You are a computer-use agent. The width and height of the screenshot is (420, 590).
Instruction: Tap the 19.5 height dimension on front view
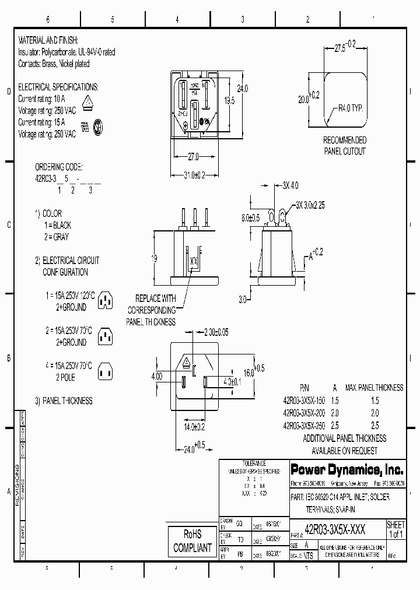tap(229, 101)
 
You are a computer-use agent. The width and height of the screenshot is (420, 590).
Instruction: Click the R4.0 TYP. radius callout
tap(352, 108)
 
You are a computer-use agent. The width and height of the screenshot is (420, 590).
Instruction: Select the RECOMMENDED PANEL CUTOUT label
tap(345, 146)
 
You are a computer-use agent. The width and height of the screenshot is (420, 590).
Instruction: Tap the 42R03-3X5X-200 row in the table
tap(303, 413)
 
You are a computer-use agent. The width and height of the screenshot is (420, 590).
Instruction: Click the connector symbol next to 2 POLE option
tap(104, 370)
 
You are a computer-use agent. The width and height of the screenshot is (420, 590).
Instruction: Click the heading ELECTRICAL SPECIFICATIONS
tap(58, 87)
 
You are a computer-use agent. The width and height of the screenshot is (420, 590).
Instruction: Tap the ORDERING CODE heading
tap(59, 166)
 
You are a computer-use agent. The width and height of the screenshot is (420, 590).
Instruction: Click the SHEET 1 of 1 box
tap(395, 529)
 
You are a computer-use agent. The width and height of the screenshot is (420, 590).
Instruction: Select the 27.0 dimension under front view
tap(192, 157)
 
